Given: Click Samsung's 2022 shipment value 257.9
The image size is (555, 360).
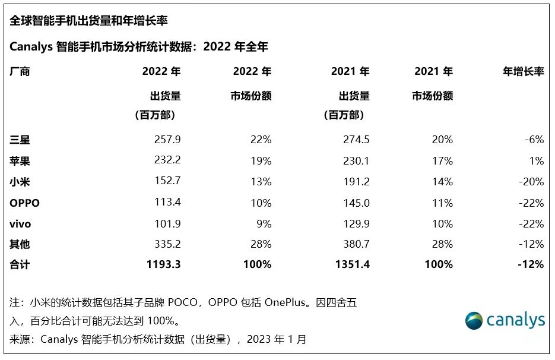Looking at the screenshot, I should pos(168,140).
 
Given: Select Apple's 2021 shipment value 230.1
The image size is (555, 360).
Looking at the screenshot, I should pos(357,160).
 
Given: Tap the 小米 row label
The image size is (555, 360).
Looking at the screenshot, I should pos(20,182).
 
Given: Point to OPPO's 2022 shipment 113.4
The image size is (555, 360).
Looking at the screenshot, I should pos(168,203).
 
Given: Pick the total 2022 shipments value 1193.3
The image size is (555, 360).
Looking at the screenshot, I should pos(164,264).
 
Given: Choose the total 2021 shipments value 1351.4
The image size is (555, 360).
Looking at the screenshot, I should pos(353,264).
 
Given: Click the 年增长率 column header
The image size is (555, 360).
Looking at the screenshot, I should pos(523,72).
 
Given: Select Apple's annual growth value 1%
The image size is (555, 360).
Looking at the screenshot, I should pos(537,160).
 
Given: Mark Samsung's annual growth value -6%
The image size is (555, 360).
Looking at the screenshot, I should pos(534,140).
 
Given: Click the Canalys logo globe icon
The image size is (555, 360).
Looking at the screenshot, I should pos(474,320).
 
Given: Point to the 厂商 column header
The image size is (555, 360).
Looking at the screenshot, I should pos(20,72).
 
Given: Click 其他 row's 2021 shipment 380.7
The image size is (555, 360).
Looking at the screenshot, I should pos(357,244).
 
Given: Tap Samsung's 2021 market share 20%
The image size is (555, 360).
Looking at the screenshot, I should pos(442,140).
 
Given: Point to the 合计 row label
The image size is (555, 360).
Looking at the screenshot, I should pos(20,264).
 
